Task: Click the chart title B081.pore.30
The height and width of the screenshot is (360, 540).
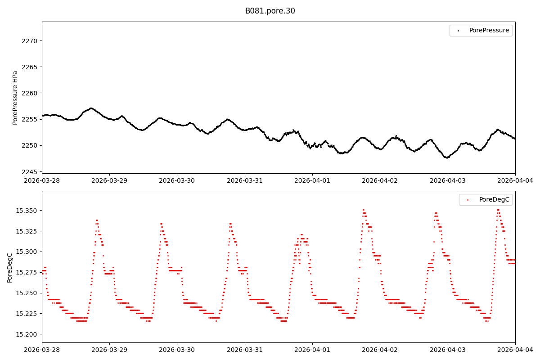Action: point(270,11)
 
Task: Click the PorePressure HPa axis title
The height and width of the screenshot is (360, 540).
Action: point(15,98)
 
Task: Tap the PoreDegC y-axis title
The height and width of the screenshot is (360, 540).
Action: point(10,267)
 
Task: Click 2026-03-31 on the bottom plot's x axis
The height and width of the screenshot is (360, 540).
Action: point(245,350)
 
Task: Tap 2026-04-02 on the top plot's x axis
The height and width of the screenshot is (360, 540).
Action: point(380,180)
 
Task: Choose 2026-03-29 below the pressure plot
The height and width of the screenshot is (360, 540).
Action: point(109,180)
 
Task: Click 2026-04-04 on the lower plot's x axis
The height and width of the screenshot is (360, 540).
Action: point(515,350)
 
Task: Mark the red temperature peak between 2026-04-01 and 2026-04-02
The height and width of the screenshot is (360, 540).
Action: point(364,210)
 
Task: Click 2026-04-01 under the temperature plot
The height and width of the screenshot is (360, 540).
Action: point(312,350)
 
